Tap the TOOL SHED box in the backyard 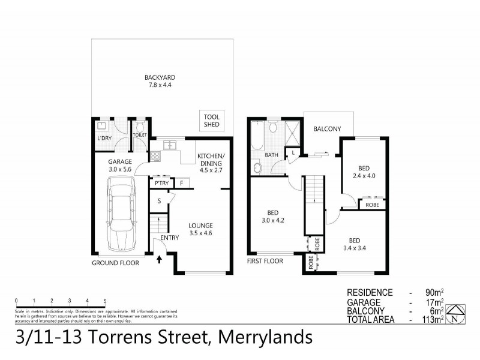212,121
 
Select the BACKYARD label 159,81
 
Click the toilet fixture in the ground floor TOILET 140,127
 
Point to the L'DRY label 104,139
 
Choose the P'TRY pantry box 160,183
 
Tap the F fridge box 181,183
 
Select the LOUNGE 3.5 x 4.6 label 200,229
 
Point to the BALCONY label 327,129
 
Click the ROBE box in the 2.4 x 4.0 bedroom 373,205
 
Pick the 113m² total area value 433,320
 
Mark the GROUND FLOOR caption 115,263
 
